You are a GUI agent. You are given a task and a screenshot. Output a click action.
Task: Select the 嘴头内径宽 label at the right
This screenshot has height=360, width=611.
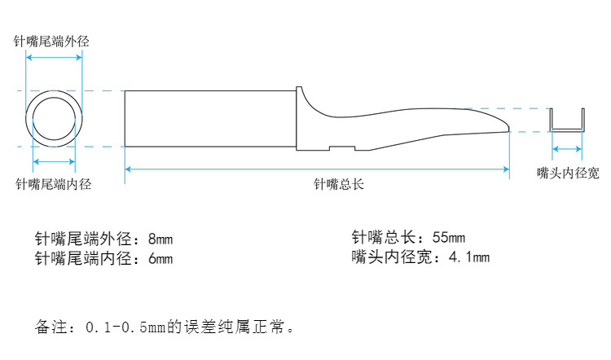point(568,173)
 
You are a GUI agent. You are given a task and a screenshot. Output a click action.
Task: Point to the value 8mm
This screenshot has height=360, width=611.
point(160,240)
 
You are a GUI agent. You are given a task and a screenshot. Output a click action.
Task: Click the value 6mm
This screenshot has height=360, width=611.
point(160,259)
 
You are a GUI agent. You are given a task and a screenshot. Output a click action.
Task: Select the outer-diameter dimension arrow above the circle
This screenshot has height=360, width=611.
point(54,57)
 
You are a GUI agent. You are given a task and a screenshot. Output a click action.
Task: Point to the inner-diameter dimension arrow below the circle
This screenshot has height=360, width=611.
point(54,161)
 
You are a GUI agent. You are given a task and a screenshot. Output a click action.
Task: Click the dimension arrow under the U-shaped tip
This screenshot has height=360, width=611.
point(568,149)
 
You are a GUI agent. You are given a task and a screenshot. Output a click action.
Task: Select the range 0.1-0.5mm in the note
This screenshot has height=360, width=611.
point(130,328)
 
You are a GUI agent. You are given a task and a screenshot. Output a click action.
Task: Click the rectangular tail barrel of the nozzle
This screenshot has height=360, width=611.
point(208,118)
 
